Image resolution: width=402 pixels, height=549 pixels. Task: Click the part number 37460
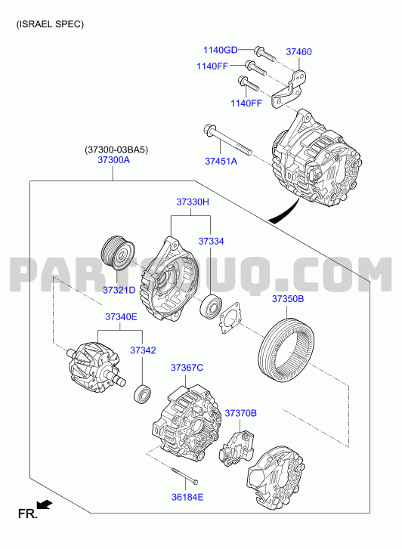click(298, 52)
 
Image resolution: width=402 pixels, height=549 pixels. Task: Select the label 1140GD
click(221, 50)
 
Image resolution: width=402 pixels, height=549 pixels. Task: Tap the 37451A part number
click(221, 161)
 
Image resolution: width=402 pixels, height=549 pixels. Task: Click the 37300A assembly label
click(113, 160)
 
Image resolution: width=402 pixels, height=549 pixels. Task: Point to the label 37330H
click(193, 202)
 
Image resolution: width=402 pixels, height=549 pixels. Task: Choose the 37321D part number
click(119, 290)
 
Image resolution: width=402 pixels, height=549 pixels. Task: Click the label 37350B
click(288, 299)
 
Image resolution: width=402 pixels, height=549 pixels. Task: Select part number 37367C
click(187, 368)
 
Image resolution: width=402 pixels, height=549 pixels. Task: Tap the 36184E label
click(187, 497)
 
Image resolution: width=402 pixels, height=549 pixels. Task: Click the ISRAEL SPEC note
click(50, 24)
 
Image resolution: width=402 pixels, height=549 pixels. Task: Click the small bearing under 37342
click(142, 394)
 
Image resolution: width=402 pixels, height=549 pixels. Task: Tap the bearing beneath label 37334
click(211, 307)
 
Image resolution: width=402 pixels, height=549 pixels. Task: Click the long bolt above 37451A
click(227, 140)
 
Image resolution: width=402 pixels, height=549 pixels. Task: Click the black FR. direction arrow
click(45, 504)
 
